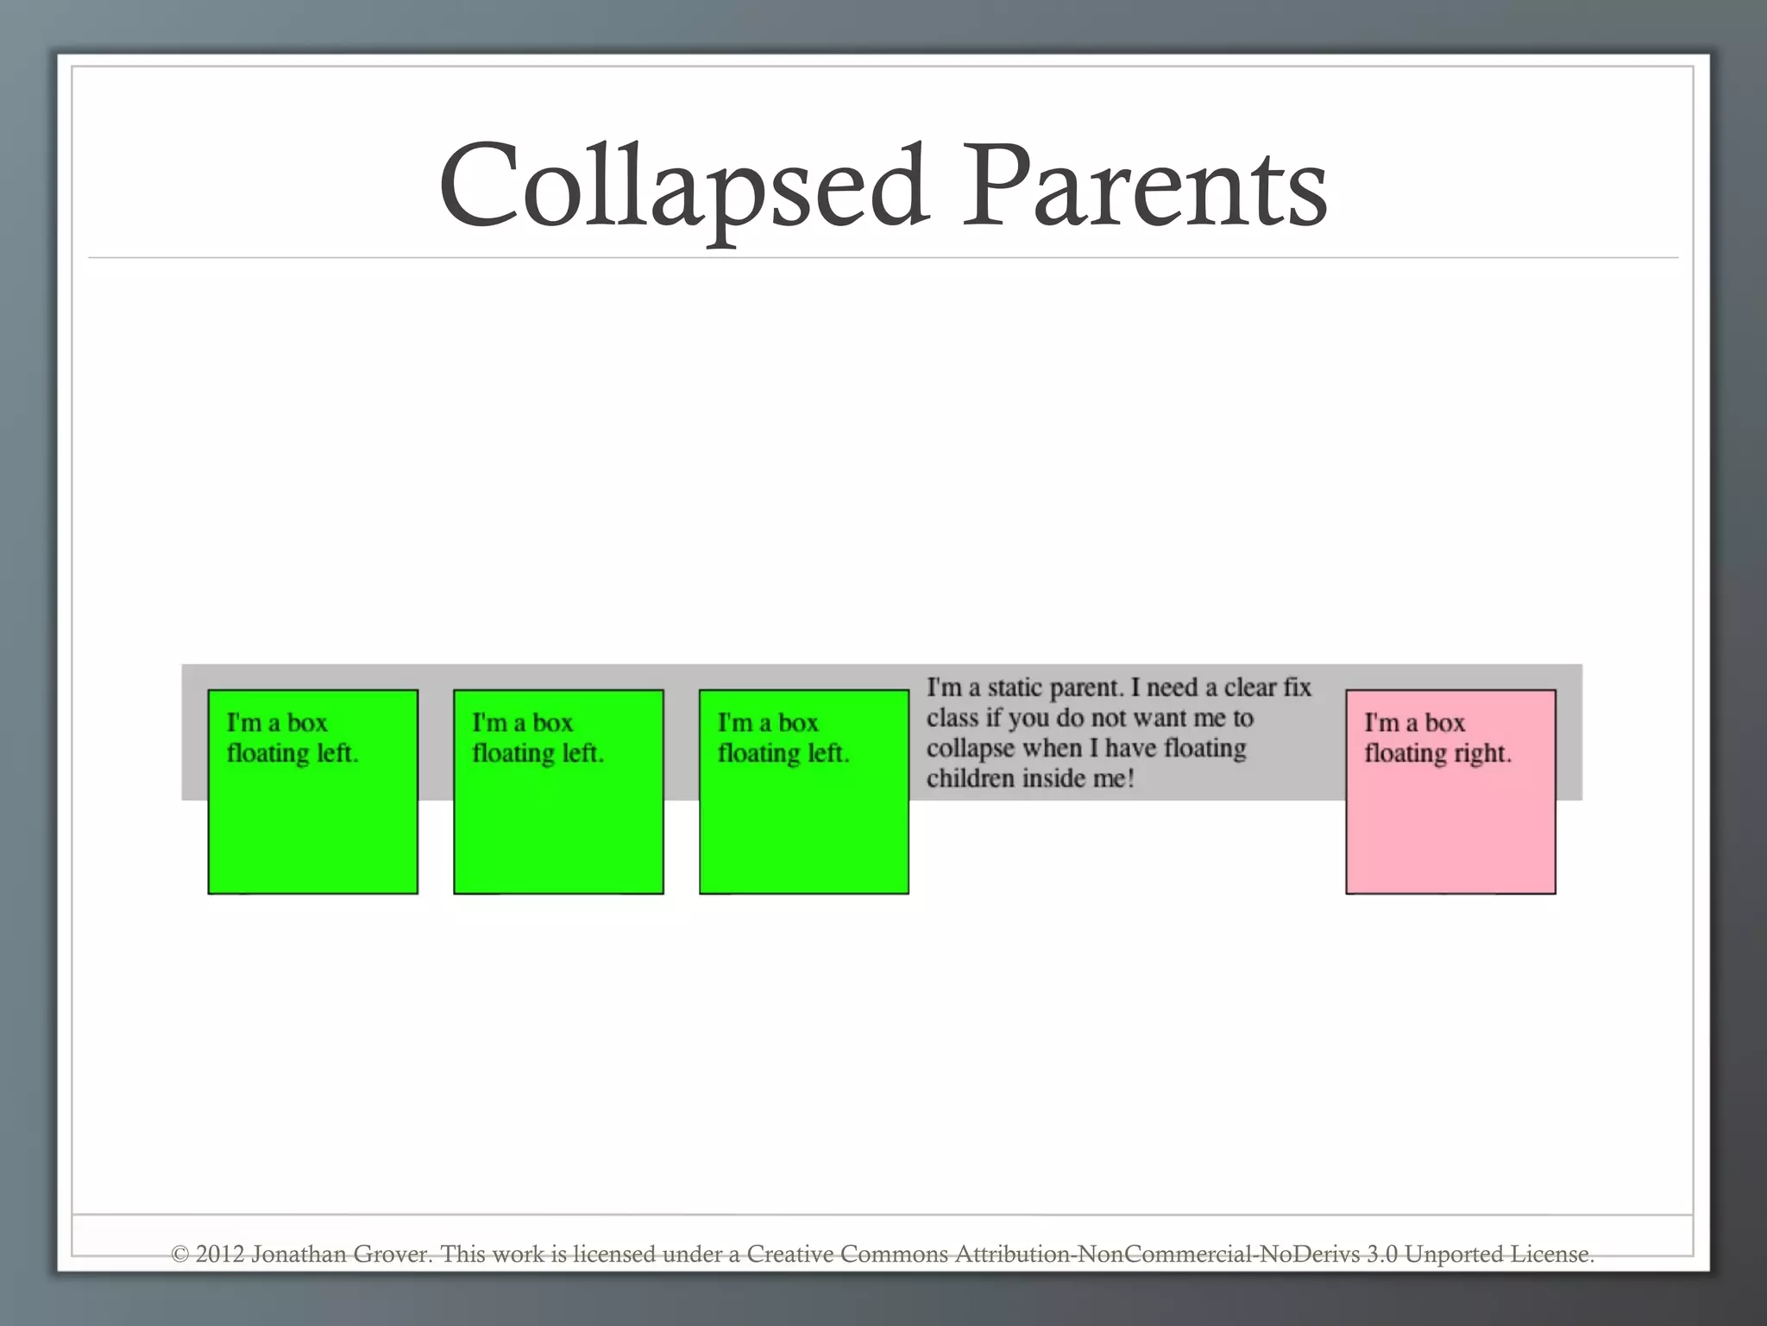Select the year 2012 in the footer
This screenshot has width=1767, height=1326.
coord(219,1254)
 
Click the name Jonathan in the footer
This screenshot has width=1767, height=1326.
coord(299,1254)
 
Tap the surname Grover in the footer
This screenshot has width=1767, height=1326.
coord(393,1254)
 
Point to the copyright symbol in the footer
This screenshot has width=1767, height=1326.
coord(179,1254)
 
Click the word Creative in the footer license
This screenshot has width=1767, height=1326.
coord(790,1254)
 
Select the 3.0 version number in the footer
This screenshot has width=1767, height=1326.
coord(1381,1254)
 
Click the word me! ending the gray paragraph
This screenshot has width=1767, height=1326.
coord(1112,779)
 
